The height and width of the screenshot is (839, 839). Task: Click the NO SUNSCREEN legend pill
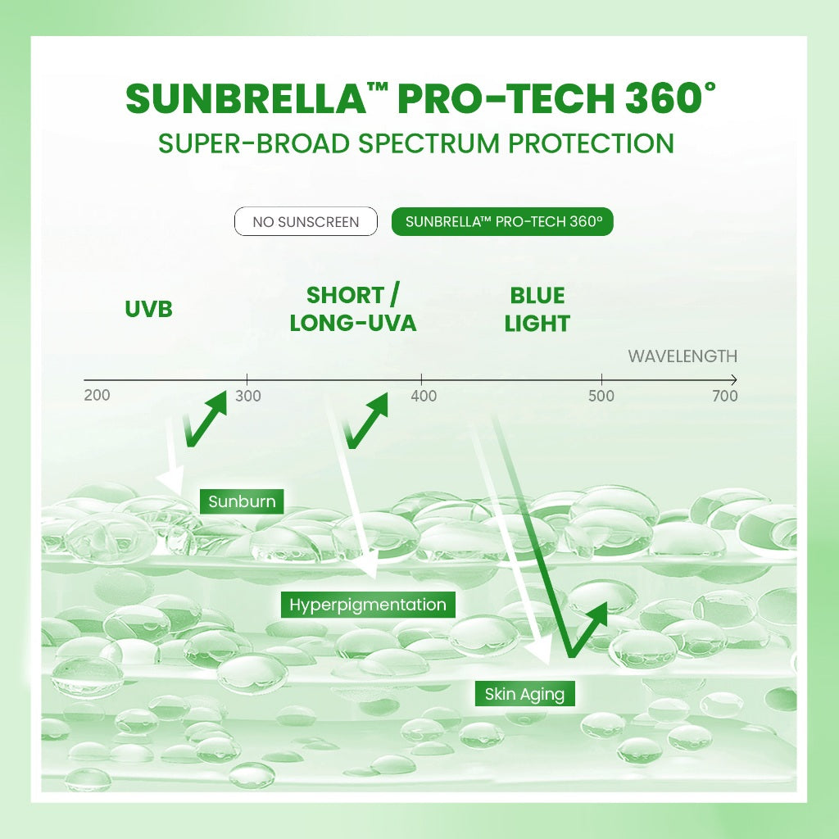[306, 222]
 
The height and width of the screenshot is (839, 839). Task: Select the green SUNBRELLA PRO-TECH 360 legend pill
[502, 222]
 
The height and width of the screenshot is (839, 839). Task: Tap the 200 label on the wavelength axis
[97, 396]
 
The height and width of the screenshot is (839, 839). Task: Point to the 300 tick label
[247, 397]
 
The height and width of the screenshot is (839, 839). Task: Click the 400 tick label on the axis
[424, 397]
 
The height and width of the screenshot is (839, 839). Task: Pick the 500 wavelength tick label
[601, 397]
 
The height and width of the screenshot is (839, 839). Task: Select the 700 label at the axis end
[724, 397]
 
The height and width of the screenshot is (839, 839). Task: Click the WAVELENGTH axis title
[683, 356]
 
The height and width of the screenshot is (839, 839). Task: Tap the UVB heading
[148, 310]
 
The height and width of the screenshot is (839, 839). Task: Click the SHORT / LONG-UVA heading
[352, 309]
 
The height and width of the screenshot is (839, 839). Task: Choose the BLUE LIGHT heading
[537, 309]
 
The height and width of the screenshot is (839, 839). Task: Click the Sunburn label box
[242, 501]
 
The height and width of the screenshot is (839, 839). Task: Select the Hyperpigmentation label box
[368, 605]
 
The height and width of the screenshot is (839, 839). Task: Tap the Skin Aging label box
[524, 695]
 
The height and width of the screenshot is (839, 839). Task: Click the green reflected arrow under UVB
[205, 419]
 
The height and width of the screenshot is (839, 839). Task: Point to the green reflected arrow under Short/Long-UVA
[366, 420]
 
